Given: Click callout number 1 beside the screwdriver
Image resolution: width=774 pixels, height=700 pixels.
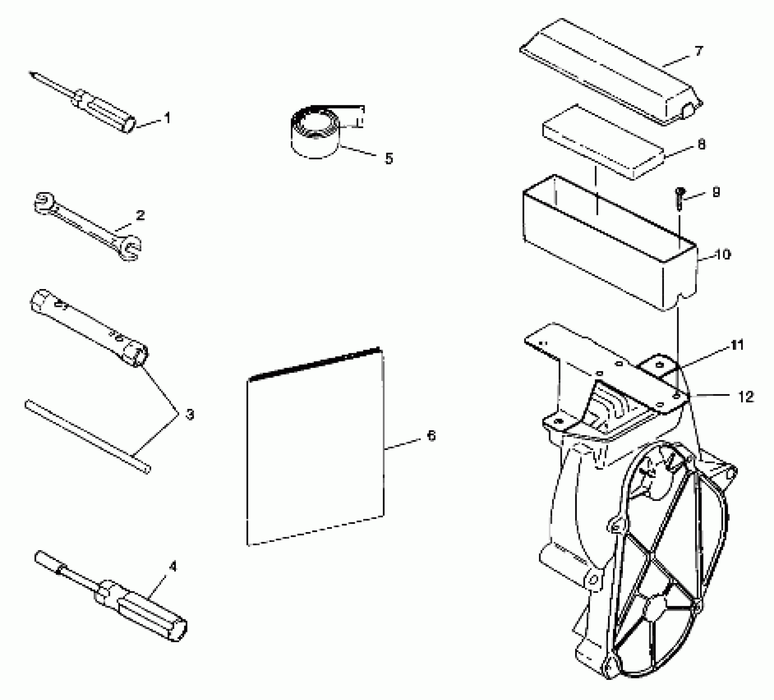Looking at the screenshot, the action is pos(167,119).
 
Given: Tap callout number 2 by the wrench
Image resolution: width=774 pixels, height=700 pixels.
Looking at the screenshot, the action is pos(140,215).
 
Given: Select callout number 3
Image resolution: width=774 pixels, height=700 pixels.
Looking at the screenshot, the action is pos(189,414).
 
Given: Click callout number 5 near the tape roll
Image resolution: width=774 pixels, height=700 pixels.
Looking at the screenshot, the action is pos(389,158).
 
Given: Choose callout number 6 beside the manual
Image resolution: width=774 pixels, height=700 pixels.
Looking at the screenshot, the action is pos(431,435).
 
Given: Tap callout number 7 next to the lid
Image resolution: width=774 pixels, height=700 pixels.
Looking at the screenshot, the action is pos(699,51).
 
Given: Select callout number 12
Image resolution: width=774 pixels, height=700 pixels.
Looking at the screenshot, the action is pos(746,397).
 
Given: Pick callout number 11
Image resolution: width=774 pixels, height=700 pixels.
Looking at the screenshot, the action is pos(737,345).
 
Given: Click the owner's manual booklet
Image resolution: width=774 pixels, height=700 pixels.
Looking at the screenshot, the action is pos(315,447).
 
